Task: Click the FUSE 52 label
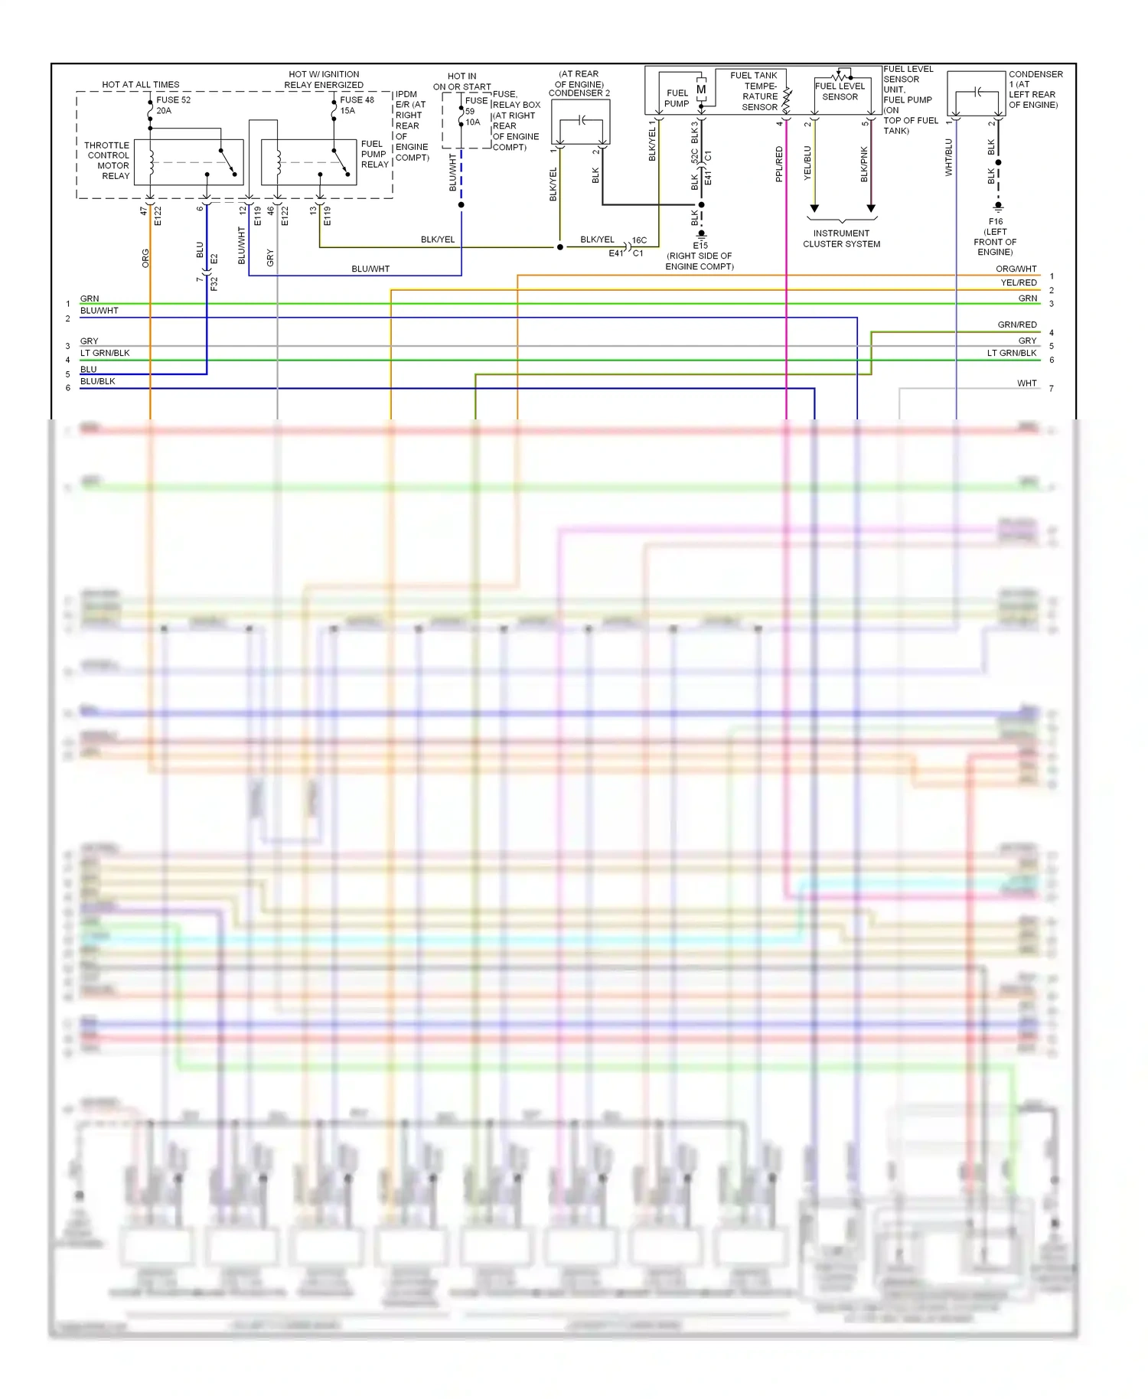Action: click(173, 100)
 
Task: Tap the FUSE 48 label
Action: click(357, 100)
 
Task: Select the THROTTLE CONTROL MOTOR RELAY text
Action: click(108, 161)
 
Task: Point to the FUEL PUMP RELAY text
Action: click(374, 155)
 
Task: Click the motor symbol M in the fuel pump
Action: click(701, 90)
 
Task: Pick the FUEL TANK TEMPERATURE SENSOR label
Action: click(758, 91)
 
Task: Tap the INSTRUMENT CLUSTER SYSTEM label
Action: click(841, 239)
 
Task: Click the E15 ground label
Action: click(700, 246)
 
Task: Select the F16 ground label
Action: click(996, 222)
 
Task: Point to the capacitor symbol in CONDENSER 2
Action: click(582, 120)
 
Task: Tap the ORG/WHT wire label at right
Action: click(1016, 269)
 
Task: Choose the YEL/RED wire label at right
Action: click(1019, 283)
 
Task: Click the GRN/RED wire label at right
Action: click(1017, 325)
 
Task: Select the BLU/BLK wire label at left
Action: click(98, 381)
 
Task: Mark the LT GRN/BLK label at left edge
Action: click(105, 354)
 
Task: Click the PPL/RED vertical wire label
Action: click(780, 164)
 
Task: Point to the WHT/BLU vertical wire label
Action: click(949, 158)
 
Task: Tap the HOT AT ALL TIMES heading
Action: click(141, 85)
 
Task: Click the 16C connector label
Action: click(639, 240)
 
